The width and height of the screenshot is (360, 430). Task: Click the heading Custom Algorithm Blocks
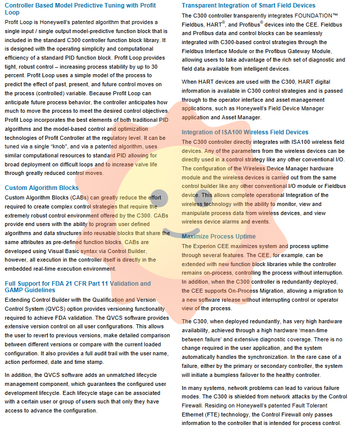click(42, 188)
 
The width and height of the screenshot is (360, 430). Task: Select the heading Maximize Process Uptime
click(218, 236)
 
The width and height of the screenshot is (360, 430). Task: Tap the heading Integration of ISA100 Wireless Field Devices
click(245, 132)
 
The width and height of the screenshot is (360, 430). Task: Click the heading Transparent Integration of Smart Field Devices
click(248, 6)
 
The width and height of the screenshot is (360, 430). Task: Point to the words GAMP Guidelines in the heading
click(30, 290)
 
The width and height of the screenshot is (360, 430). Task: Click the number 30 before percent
click(154, 66)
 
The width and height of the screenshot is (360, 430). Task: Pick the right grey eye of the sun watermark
click(204, 198)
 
